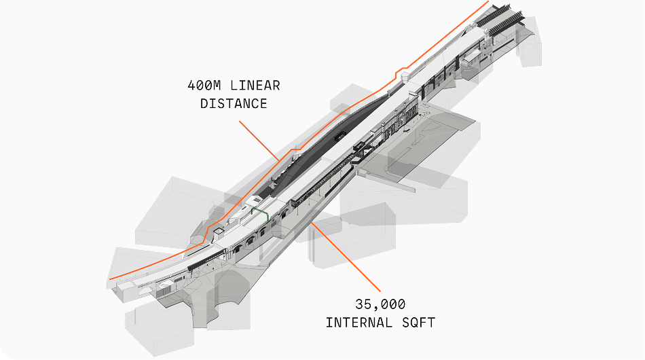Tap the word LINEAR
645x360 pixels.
tap(255, 86)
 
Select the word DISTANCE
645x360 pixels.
tap(233, 104)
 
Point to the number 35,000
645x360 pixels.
tap(380, 304)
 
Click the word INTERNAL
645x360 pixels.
tap(356, 322)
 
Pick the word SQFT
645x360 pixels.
tap(414, 322)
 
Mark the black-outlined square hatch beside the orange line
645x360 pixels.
tap(219, 232)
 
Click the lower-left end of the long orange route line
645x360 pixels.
tap(111, 278)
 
